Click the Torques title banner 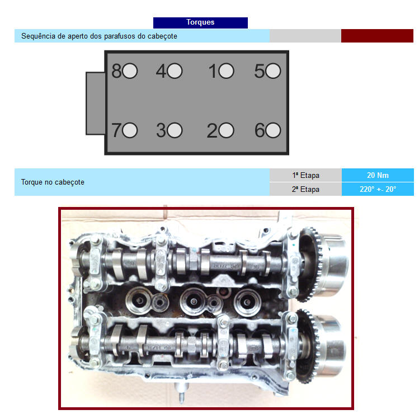[200, 23]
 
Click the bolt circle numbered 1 [226, 71]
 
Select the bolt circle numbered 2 [226, 130]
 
